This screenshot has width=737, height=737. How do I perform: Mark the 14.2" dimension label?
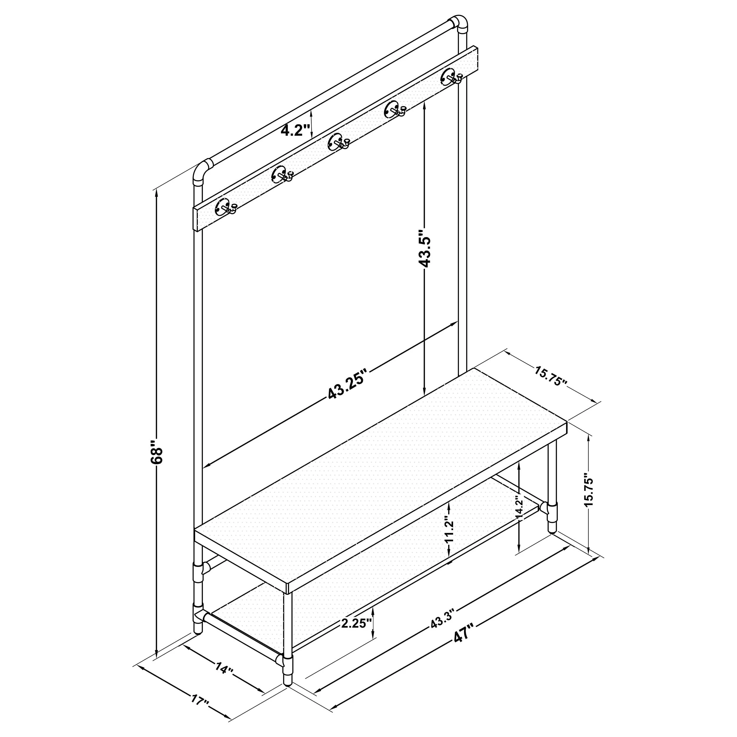519,507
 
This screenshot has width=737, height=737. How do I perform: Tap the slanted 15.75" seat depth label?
551,376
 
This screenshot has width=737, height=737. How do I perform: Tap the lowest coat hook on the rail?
226,207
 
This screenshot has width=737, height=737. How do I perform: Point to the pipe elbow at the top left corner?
201,172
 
